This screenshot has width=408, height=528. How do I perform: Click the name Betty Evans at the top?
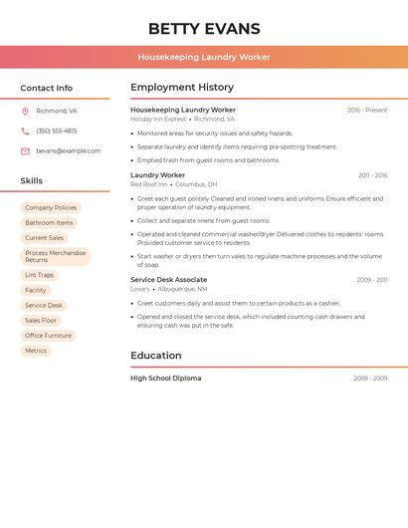pos(204,28)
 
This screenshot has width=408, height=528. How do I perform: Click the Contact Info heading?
pos(46,88)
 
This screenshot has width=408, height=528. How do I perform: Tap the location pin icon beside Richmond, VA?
pos(25,112)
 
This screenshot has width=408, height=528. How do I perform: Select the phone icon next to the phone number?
pos(25,132)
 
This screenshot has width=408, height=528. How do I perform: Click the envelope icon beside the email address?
pos(25,151)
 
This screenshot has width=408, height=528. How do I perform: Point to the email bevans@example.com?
pos(68,151)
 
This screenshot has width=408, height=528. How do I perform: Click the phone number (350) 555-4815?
pos(56,132)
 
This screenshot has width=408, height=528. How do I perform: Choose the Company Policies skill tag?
pos(51,208)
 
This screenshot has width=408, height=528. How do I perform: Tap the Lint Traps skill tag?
pos(40,275)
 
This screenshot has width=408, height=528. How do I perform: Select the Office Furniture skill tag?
pos(49,336)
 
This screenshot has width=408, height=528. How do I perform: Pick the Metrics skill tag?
pos(36,351)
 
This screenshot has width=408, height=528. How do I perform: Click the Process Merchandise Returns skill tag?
pos(56,256)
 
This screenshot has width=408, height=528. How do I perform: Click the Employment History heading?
pos(182,88)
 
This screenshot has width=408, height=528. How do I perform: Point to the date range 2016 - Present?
pos(367,111)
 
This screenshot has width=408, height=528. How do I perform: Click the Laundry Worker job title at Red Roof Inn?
pos(157,175)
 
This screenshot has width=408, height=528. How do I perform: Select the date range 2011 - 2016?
pos(372,175)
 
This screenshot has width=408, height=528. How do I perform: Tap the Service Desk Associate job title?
pos(169,280)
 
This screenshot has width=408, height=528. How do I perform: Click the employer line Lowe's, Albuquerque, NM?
pos(169,289)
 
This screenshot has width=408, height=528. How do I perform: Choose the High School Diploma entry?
pos(165,379)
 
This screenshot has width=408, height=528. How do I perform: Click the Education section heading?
pos(156,356)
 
